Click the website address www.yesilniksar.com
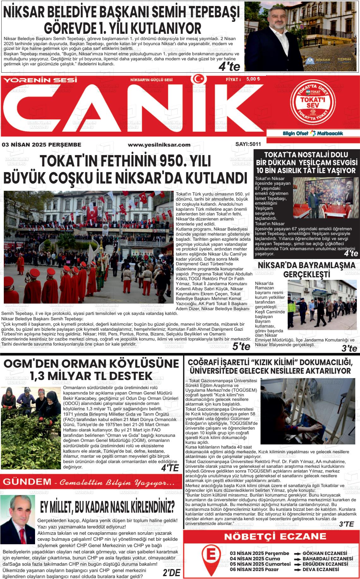tap(159, 145)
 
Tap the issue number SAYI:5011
tap(248, 144)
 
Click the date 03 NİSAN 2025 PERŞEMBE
tap(41, 145)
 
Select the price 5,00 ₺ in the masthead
tap(253, 79)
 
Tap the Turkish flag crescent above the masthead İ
tap(198, 79)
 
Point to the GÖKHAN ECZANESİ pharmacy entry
tap(325, 553)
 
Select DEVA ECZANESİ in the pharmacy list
tap(321, 570)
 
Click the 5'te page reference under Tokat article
tap(241, 347)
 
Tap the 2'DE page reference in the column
tap(171, 573)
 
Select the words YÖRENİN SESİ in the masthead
tap(40, 80)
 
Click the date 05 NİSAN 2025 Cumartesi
tap(260, 564)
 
